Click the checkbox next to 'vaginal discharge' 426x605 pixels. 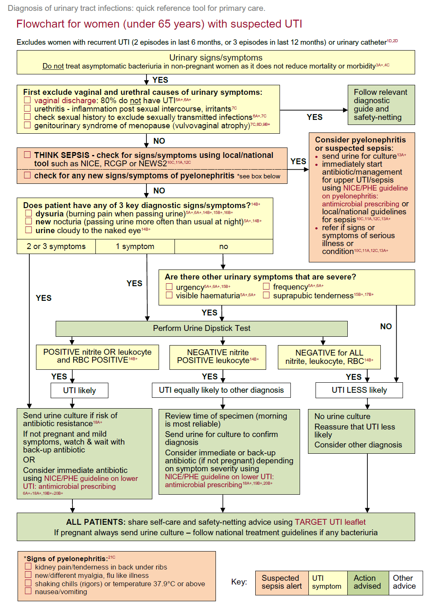pos(27,100)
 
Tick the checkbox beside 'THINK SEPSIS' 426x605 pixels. pos(27,155)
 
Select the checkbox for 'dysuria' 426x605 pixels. pos(28,214)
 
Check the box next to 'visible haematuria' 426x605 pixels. pos(169,295)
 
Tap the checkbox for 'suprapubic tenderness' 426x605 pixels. pos(266,295)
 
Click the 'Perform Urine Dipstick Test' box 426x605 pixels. pos(201,328)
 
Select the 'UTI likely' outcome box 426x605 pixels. pos(80,390)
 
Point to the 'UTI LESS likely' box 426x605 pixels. pos(359,390)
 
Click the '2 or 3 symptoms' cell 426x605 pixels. pos(56,247)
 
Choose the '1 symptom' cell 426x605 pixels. pos(135,247)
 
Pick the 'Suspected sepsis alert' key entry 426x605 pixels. pos(282,582)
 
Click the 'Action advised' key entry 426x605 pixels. pos(368,582)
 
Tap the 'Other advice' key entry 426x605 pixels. pos(405,582)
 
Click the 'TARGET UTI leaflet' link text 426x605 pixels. pos(330,522)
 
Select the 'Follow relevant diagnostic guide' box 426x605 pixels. pos(381,105)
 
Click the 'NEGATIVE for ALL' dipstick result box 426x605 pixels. pos(329,357)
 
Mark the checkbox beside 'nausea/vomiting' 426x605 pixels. pos(28,591)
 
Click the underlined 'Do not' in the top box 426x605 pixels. pos(53,66)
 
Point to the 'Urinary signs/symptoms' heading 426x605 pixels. pos(216,58)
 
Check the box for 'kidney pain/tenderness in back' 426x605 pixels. pos(28,567)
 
